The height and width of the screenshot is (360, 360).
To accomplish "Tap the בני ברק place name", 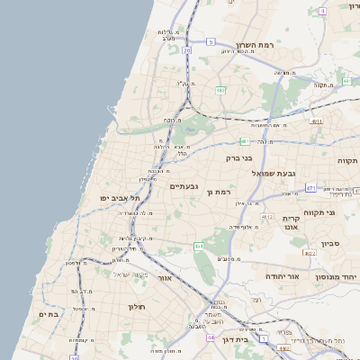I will click(241, 157).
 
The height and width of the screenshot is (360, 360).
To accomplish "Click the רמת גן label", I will click(219, 192).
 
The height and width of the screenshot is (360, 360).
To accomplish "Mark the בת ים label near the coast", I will click(48, 314).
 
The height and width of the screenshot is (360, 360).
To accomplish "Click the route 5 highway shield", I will click(211, 41).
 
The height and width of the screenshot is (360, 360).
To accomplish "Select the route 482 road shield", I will click(220, 90).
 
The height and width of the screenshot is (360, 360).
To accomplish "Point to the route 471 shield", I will click(310, 188).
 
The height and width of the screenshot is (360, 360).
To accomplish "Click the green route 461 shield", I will click(199, 246).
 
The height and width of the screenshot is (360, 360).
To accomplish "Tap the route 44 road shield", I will click(210, 337).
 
